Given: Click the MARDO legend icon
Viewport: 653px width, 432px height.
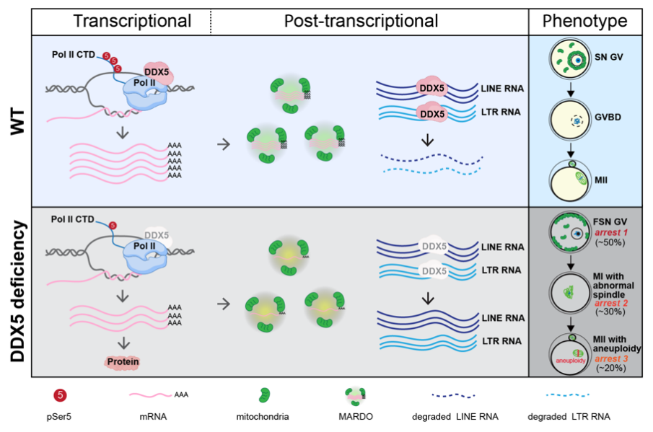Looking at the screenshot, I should [x=357, y=394].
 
